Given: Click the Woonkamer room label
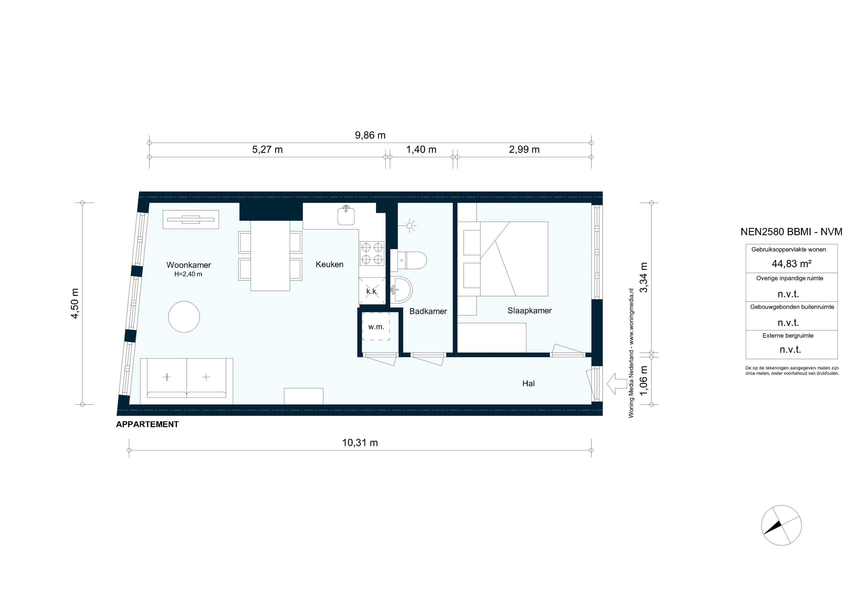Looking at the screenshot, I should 189,265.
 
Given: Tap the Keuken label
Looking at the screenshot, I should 329,264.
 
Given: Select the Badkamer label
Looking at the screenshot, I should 428,311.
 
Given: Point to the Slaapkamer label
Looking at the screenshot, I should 530,310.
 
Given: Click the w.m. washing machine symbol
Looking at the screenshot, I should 376,327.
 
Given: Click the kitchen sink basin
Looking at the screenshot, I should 346,217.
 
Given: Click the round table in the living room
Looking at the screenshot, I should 184,317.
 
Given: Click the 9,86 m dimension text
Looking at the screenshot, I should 370,135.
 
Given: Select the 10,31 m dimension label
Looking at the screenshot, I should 360,443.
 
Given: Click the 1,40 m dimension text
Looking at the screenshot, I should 421,150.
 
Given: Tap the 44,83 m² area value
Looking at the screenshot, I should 792,264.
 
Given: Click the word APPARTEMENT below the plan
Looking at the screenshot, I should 147,425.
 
